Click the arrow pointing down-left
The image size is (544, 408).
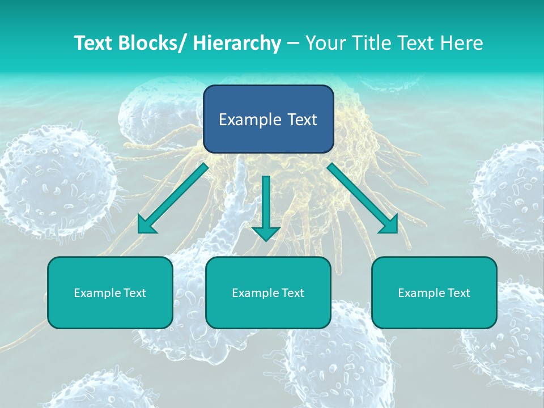173,198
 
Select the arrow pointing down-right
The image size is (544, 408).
362,198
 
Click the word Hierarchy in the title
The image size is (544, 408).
237,43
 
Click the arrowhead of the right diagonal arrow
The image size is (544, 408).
389,226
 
